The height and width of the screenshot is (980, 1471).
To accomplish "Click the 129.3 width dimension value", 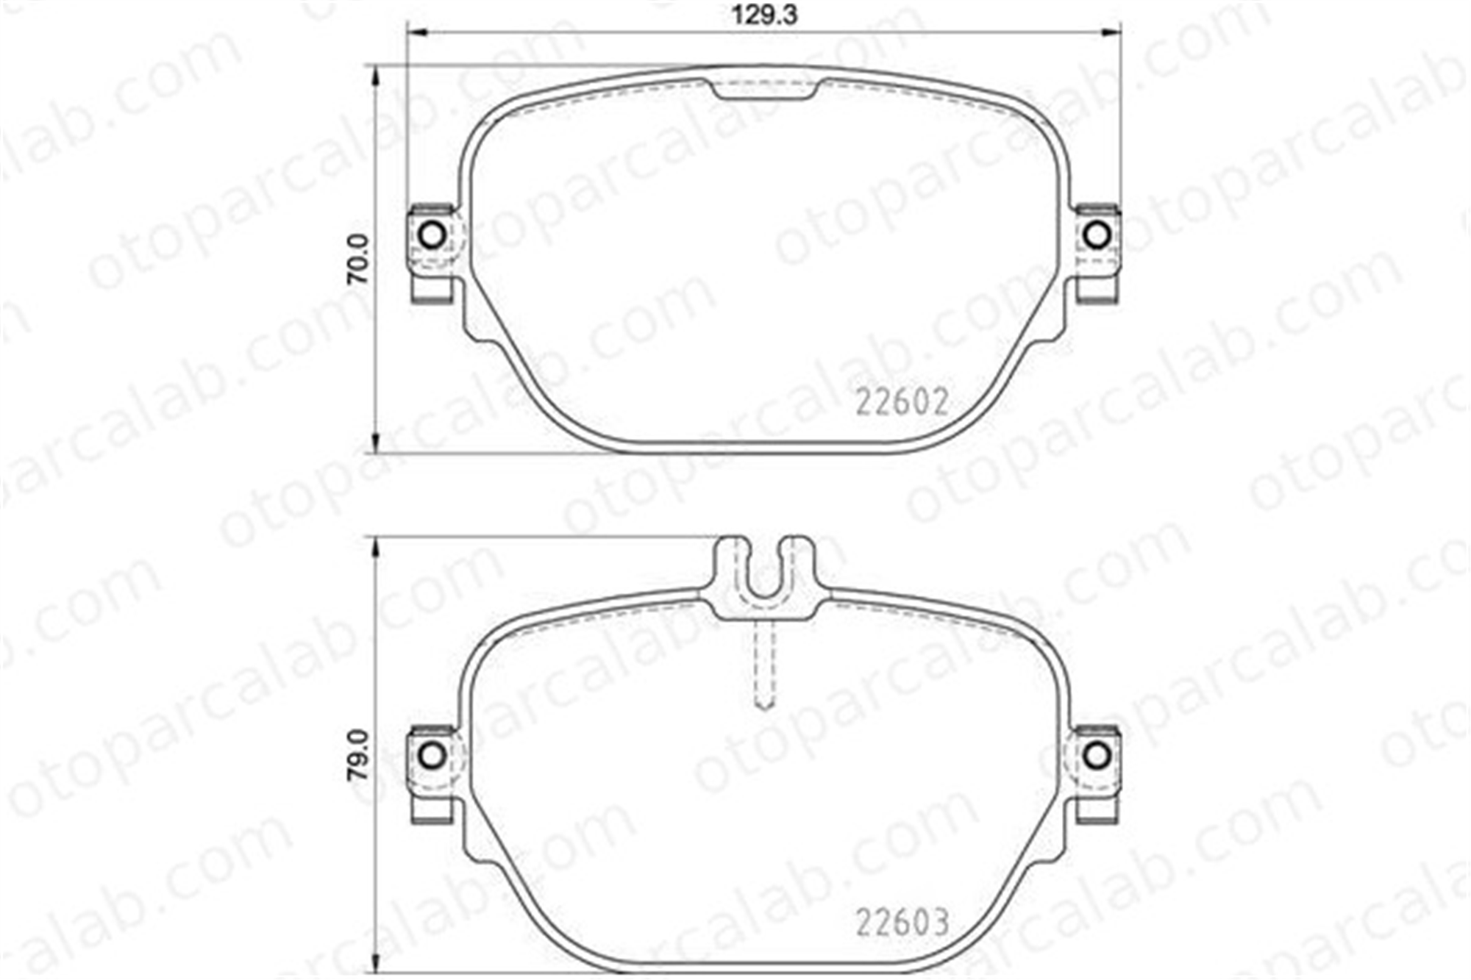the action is click(764, 15).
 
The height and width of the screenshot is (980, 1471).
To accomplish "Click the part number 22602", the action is click(902, 402).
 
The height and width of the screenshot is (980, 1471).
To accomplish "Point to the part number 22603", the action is click(902, 923).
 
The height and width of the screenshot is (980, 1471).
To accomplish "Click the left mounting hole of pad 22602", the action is click(431, 235).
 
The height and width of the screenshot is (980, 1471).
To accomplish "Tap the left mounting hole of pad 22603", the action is click(431, 755).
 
